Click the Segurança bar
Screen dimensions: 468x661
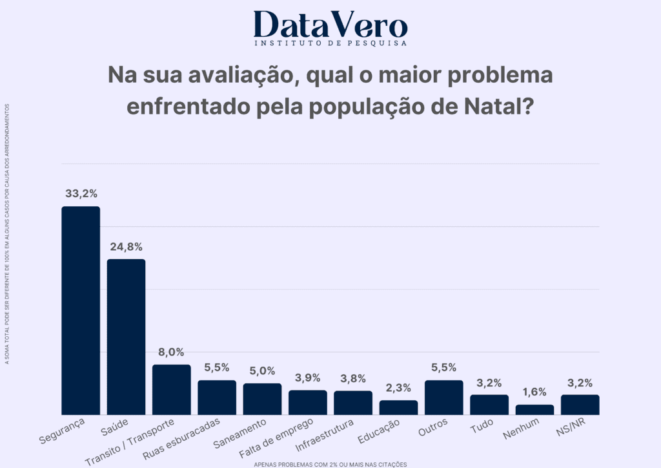81,310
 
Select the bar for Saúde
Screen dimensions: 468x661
126,337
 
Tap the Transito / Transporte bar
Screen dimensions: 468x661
172,390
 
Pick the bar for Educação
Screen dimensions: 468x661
398,407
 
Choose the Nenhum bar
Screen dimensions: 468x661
534,410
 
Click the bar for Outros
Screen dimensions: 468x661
444,398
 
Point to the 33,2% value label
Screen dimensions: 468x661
81,193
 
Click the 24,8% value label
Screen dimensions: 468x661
126,246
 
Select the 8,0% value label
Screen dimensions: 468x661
172,352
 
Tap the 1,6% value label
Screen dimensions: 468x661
534,392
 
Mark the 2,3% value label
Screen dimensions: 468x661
398,388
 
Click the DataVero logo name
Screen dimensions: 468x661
330,25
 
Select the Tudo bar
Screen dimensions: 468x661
489,405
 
